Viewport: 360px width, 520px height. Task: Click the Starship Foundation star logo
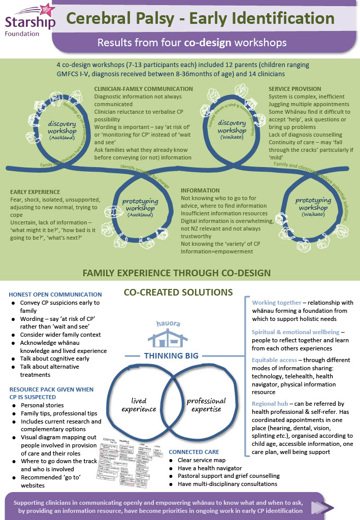click(43, 9)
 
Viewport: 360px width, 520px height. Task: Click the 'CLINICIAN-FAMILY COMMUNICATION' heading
click(144, 89)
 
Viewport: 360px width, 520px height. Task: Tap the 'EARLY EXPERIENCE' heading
click(35, 192)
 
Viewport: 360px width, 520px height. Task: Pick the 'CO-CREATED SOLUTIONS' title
click(178, 292)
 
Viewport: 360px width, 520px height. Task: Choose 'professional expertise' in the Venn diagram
click(206, 404)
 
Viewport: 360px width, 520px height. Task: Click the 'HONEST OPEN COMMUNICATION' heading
click(55, 295)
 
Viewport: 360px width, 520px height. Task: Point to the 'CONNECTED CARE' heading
click(194, 452)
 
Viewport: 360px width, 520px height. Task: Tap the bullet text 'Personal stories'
click(42, 405)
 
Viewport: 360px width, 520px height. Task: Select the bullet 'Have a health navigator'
click(210, 468)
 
